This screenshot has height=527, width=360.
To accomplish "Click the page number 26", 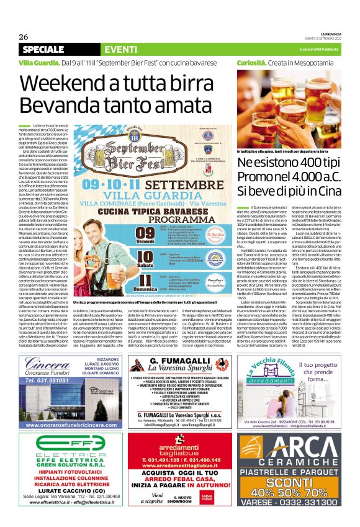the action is pos(25,36).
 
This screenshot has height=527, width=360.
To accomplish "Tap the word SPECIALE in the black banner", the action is pos(42,49).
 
